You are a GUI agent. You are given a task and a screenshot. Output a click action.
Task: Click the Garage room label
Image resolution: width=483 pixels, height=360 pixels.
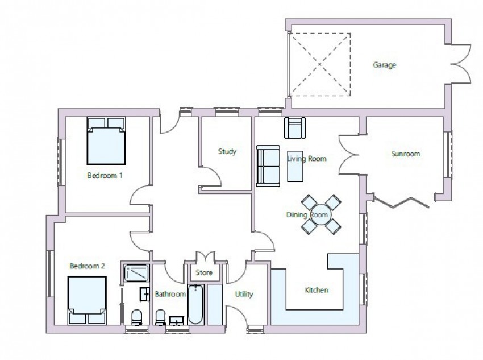pyautogui.click(x=385, y=65)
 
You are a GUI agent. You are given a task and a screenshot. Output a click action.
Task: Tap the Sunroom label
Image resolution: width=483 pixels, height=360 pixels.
pyautogui.click(x=406, y=154)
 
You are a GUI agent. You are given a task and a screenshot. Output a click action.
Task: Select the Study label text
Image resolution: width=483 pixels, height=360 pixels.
pyautogui.click(x=227, y=152)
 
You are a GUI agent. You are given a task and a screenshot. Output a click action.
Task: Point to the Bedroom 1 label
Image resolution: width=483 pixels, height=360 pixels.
pyautogui.click(x=105, y=175)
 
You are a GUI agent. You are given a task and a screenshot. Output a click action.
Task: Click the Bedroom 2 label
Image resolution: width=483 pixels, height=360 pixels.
pyautogui.click(x=88, y=266)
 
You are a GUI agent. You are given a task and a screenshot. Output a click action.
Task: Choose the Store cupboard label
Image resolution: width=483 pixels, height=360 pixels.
pyautogui.click(x=204, y=272)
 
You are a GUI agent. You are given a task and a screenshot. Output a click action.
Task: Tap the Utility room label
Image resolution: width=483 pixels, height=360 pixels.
pyautogui.click(x=244, y=295)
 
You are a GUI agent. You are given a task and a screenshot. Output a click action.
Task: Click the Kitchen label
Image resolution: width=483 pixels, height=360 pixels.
pyautogui.click(x=317, y=290)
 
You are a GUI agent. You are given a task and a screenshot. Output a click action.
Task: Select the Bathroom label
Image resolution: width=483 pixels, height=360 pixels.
pyautogui.click(x=170, y=294)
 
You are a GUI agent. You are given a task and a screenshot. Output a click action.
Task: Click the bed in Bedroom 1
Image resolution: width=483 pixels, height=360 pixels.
pyautogui.click(x=106, y=140)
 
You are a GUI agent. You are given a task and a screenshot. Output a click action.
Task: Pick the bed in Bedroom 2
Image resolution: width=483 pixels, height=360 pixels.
pyautogui.click(x=87, y=300)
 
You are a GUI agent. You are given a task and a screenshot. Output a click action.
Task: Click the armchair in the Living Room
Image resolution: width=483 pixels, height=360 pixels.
pyautogui.click(x=295, y=127)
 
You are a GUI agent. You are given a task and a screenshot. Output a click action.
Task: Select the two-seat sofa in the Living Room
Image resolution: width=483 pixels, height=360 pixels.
pyautogui.click(x=268, y=166)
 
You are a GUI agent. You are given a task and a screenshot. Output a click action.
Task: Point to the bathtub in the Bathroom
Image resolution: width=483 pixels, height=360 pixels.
pyautogui.click(x=195, y=304)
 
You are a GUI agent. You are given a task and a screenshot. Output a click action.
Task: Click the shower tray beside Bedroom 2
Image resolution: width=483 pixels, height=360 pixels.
pyautogui.click(x=137, y=273)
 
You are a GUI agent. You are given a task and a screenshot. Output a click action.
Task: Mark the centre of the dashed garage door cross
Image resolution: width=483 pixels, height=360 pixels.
pyautogui.click(x=320, y=64)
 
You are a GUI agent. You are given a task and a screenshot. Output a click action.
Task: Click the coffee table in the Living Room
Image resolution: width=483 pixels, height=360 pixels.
pyautogui.click(x=295, y=166)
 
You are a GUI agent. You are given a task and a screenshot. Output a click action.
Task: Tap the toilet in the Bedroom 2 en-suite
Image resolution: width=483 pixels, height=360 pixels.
pyautogui.click(x=136, y=317)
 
